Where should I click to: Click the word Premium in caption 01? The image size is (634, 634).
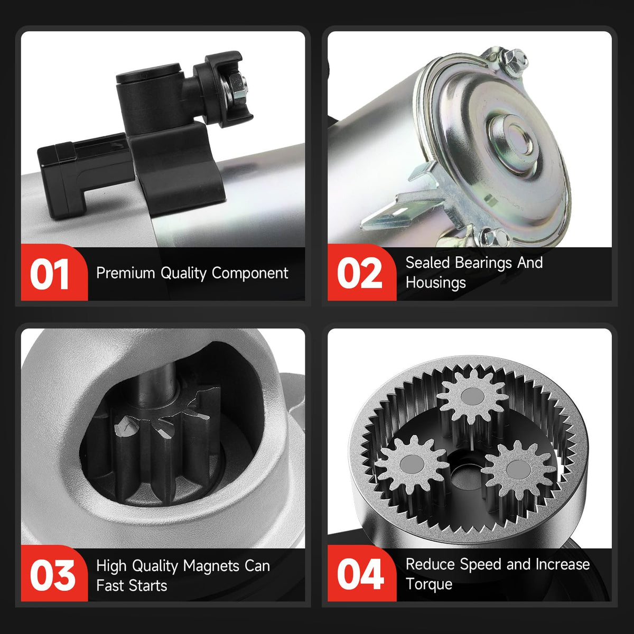click(x=125, y=273)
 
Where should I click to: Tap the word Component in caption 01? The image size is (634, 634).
click(x=250, y=273)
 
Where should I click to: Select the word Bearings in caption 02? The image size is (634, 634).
click(x=483, y=263)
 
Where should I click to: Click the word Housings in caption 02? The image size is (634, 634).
click(x=435, y=283)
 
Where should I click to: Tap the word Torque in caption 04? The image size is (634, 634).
click(x=429, y=584)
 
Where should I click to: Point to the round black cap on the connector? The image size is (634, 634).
click(x=148, y=73)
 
